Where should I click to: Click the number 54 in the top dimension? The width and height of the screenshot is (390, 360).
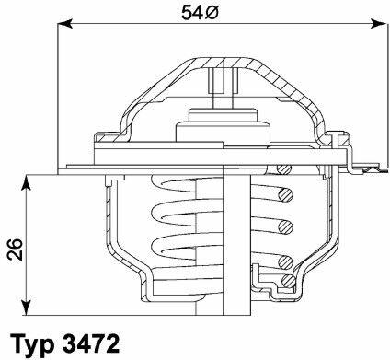coord(192,13)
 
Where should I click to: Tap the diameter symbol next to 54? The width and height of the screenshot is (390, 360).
coord(212,13)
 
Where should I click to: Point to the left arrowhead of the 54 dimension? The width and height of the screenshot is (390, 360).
coord(65,24)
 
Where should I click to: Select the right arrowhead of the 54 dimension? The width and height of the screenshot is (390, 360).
coord(379,24)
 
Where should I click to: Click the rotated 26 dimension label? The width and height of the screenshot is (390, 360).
coord(16,249)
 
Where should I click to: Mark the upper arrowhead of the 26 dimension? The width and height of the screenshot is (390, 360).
coord(27,183)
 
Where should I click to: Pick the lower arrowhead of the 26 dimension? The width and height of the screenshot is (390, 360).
coord(27,307)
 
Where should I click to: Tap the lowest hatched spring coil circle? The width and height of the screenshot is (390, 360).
coord(289,280)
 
